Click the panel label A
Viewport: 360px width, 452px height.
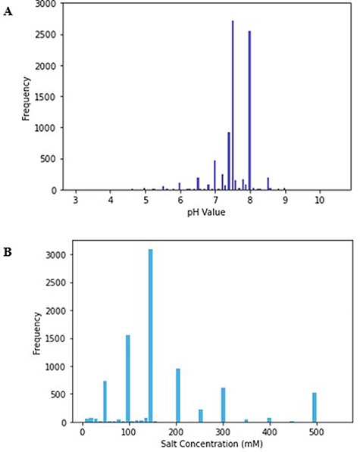coord(8,13)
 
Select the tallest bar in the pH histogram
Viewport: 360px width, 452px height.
coord(233,106)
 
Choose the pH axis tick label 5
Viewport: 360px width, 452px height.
coord(146,201)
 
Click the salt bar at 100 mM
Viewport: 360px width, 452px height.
coord(127,379)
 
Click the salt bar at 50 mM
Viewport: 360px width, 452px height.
coord(105,401)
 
